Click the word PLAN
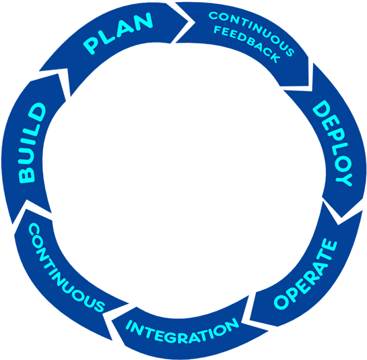(x=119, y=33)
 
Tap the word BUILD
(x=32, y=143)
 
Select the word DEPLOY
(x=333, y=143)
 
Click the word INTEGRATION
(x=182, y=330)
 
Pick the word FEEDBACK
(x=247, y=44)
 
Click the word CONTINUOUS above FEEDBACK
(x=252, y=33)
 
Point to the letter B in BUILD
(x=27, y=175)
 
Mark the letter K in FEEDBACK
(x=274, y=57)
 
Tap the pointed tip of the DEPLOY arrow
(x=341, y=217)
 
